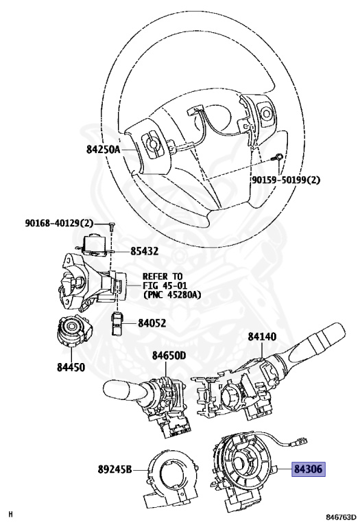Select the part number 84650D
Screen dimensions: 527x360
point(169,355)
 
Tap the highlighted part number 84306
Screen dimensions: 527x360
point(309,469)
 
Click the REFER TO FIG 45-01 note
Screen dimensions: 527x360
point(171,285)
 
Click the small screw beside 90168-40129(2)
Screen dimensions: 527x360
point(110,226)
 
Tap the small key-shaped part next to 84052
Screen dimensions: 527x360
point(117,323)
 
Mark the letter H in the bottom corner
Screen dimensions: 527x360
point(10,514)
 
